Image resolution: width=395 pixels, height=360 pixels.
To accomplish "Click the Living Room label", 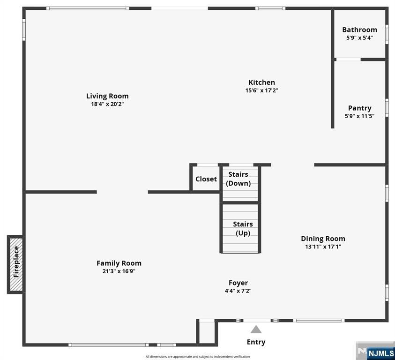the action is pos(107,96).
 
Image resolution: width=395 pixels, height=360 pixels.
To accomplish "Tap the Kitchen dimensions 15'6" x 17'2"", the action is pos(262,90).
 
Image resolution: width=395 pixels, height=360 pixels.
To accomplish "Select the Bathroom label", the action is pos(359,30).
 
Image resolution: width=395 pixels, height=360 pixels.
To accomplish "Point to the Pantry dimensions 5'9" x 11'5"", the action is pos(359,116).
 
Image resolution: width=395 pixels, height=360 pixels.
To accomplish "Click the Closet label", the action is pos(206,179).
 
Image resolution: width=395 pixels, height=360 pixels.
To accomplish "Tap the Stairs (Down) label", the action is pos(238,179).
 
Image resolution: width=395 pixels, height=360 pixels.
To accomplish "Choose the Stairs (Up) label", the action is pos(243,228).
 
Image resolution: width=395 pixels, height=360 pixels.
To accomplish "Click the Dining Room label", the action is pos(323,239).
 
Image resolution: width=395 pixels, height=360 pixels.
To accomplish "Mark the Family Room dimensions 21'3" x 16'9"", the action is pos(119,271).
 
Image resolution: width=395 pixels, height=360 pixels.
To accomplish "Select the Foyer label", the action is pos(238,283).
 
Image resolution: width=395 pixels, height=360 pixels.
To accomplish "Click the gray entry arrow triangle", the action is pos(256,330).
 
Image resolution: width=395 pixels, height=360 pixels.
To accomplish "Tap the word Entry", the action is pos(256,342).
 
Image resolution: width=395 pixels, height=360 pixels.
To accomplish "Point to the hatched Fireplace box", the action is pos(16,264).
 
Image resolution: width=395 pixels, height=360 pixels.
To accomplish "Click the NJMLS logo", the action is pos(375,351).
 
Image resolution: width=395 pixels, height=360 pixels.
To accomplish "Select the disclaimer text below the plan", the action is pos(198,356).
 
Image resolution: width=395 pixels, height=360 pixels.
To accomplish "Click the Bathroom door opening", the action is pos(349,60).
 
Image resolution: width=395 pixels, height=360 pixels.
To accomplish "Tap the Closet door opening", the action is pos(207,165).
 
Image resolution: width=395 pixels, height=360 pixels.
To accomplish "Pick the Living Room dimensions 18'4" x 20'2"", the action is pos(107,104).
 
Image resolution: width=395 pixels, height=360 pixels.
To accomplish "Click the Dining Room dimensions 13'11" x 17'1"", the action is pos(323,247).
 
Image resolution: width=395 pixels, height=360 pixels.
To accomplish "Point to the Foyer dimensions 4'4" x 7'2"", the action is pos(238,291).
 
